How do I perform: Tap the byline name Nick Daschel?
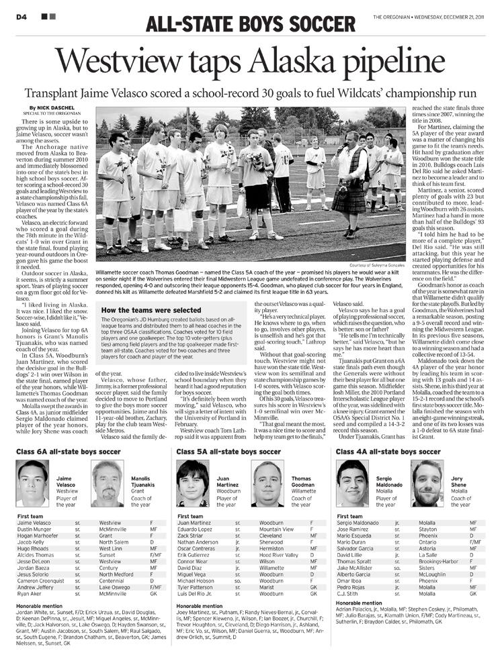click(49, 107)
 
